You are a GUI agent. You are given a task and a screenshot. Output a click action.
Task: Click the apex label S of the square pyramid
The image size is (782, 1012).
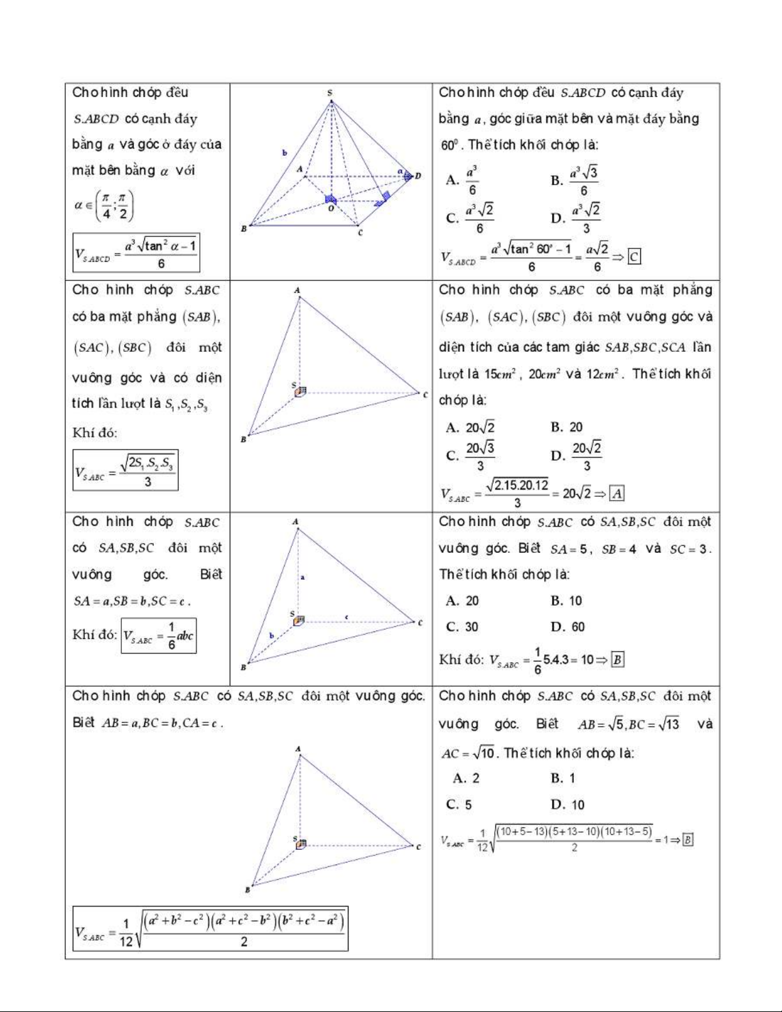pyautogui.click(x=330, y=93)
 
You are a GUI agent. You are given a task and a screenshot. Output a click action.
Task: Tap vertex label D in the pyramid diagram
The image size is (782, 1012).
pyautogui.click(x=418, y=176)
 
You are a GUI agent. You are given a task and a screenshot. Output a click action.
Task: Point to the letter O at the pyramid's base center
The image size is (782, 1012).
pyautogui.click(x=331, y=208)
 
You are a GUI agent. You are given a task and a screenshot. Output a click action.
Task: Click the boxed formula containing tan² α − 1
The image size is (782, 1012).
pyautogui.click(x=136, y=253)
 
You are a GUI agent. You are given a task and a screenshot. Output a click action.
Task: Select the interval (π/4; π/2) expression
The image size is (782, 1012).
pyautogui.click(x=104, y=206)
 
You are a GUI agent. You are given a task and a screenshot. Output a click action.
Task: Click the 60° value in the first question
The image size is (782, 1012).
pyautogui.click(x=449, y=145)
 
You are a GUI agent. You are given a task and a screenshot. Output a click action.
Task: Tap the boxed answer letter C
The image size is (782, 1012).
pyautogui.click(x=634, y=257)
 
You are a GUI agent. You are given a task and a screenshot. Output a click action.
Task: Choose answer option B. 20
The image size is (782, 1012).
pyautogui.click(x=567, y=427)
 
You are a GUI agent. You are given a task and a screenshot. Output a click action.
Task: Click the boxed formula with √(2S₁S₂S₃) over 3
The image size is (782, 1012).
pyautogui.click(x=125, y=471)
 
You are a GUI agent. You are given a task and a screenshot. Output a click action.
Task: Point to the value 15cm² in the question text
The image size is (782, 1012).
pyautogui.click(x=498, y=374)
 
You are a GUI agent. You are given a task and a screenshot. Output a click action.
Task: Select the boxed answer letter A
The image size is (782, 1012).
pyautogui.click(x=617, y=494)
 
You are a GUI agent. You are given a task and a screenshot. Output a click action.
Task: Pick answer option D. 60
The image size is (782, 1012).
pyautogui.click(x=568, y=627)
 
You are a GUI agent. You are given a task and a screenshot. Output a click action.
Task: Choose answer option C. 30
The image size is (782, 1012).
pyautogui.click(x=462, y=627)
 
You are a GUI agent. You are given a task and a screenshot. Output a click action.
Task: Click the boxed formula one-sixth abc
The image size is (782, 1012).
pyautogui.click(x=158, y=635)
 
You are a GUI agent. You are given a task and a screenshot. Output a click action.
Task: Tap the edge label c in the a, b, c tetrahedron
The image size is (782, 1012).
pyautogui.click(x=347, y=617)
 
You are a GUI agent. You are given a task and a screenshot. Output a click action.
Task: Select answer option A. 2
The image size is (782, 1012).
pyautogui.click(x=466, y=778)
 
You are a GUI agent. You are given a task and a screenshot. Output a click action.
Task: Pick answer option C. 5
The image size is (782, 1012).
pyautogui.click(x=459, y=804)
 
